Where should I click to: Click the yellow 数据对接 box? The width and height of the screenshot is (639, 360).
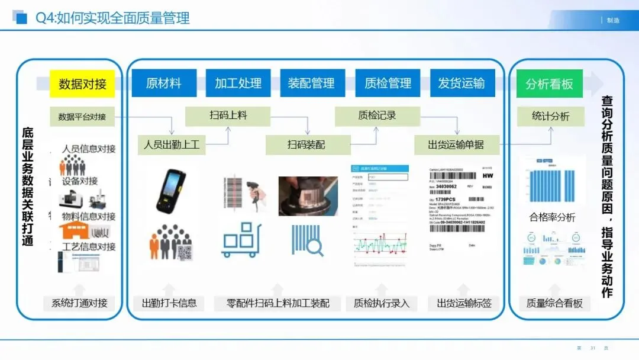(x=82, y=83)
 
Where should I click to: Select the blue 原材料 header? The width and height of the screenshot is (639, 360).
(x=163, y=83)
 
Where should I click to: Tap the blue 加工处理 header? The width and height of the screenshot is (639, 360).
(x=238, y=83)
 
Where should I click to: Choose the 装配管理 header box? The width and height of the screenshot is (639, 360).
(x=311, y=83)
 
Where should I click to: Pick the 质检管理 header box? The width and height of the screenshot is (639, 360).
(x=388, y=83)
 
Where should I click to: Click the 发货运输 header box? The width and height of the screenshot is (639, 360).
(x=461, y=83)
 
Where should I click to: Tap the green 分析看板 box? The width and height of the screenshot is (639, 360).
(x=549, y=84)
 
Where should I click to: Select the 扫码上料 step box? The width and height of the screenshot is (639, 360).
(x=228, y=115)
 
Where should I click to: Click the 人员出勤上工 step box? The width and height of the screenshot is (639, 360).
(x=172, y=144)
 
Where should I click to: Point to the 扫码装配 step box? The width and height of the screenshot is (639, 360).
(x=306, y=144)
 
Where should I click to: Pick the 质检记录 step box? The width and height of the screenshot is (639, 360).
(x=377, y=115)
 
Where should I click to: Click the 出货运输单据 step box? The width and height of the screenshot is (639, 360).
(x=456, y=144)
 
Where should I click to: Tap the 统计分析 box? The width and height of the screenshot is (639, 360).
(x=550, y=117)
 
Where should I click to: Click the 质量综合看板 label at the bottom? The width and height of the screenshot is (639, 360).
(x=554, y=303)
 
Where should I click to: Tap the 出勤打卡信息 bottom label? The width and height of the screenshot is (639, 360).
(x=169, y=303)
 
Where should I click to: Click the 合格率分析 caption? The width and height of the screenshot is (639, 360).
(x=552, y=217)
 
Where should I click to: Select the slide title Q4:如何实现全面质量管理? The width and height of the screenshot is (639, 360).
(x=112, y=18)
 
